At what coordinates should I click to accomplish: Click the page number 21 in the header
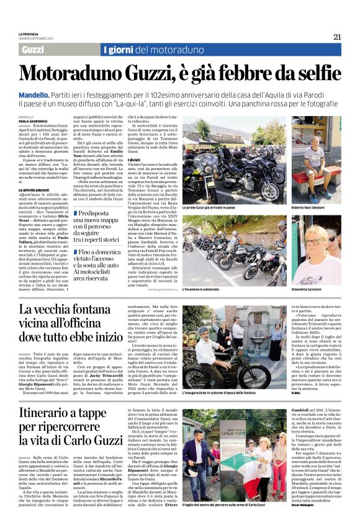[x=338, y=37]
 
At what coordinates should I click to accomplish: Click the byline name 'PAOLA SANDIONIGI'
[x=33, y=121]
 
